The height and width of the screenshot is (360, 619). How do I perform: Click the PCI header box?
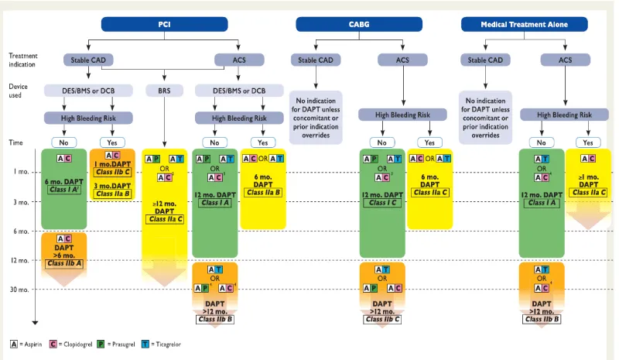pos(164,24)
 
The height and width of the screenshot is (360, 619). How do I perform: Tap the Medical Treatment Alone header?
pos(525,24)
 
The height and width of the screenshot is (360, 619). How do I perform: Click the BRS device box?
pos(164,90)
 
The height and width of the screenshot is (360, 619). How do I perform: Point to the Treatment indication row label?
pos(23,60)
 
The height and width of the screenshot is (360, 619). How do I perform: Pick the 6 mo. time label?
pos(21,231)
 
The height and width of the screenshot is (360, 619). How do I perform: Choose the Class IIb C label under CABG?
pos(382,318)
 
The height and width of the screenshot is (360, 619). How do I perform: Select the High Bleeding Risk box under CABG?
pos(402,115)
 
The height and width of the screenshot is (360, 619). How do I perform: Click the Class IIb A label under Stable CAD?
pos(65,263)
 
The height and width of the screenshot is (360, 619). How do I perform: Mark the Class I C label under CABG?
pos(382,203)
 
